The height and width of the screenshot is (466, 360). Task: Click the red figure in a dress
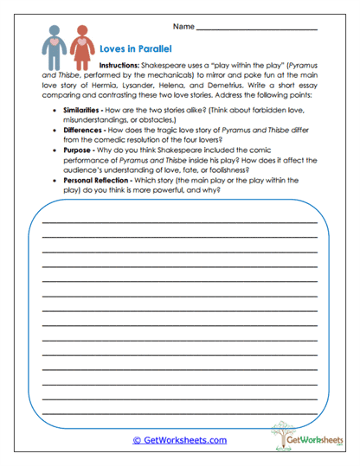click(x=81, y=51)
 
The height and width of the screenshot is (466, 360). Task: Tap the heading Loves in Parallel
click(x=136, y=51)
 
